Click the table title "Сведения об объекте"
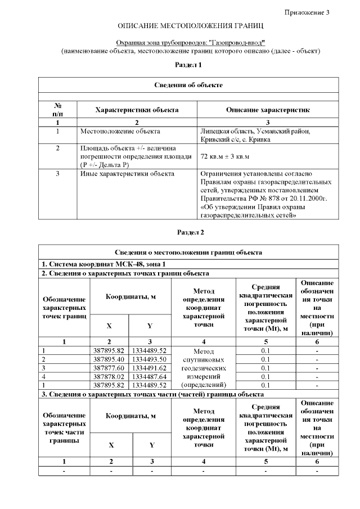tap(188, 85)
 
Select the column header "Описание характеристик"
tap(267, 110)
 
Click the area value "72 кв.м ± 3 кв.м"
tap(225, 156)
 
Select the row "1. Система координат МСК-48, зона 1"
tap(105, 264)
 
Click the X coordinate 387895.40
tap(109, 359)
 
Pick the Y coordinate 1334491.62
tap(149, 368)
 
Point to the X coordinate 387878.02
tap(109, 377)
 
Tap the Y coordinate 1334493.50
tap(149, 359)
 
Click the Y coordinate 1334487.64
tap(149, 377)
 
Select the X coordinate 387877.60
tap(109, 368)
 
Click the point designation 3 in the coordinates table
tap(44, 368)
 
